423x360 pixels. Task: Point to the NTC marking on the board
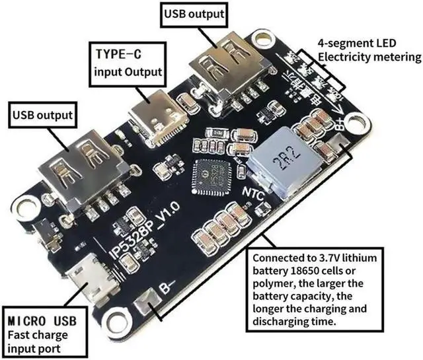[256, 194]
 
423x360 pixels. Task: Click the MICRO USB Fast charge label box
[42, 330]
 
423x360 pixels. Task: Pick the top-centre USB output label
[195, 13]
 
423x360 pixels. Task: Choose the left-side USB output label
[41, 116]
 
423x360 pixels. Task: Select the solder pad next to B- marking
[146, 306]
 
